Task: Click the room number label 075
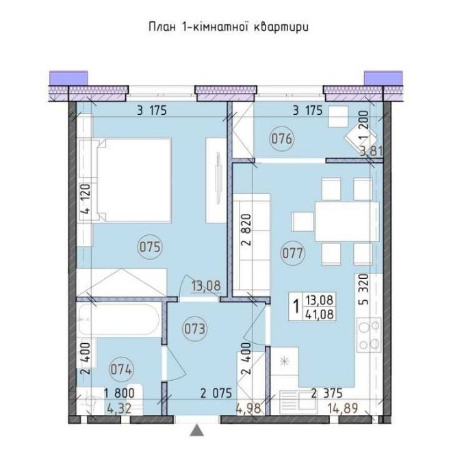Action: (x=149, y=247)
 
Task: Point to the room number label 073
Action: (x=196, y=327)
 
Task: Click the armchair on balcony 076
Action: (x=360, y=138)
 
